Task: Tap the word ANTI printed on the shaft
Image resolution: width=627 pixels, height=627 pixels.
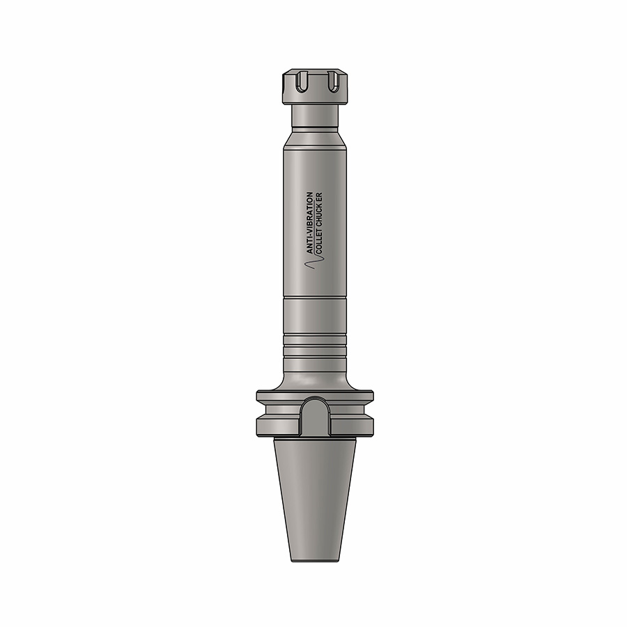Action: tap(310, 245)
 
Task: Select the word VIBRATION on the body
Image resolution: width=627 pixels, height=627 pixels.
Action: tap(310, 212)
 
